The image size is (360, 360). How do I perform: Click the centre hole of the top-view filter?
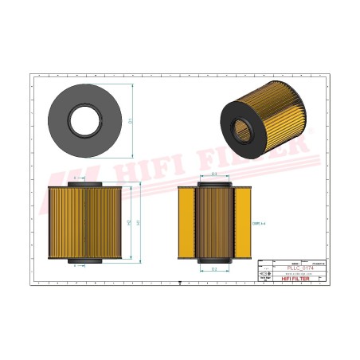(85, 119)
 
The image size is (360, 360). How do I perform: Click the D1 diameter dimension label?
(130, 120)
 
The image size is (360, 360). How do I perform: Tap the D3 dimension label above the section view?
(215, 176)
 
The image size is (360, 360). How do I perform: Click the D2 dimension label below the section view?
(215, 269)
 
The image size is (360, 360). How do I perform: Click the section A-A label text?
(257, 224)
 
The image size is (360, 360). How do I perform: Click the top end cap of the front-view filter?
(85, 183)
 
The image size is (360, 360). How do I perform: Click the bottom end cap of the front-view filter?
(85, 260)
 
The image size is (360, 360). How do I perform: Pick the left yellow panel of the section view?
(186, 222)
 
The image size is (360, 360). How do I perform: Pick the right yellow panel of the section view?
(244, 222)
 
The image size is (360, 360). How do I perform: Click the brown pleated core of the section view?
(215, 222)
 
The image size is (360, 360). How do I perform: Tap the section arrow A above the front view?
(76, 178)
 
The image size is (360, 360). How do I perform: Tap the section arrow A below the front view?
(76, 266)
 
